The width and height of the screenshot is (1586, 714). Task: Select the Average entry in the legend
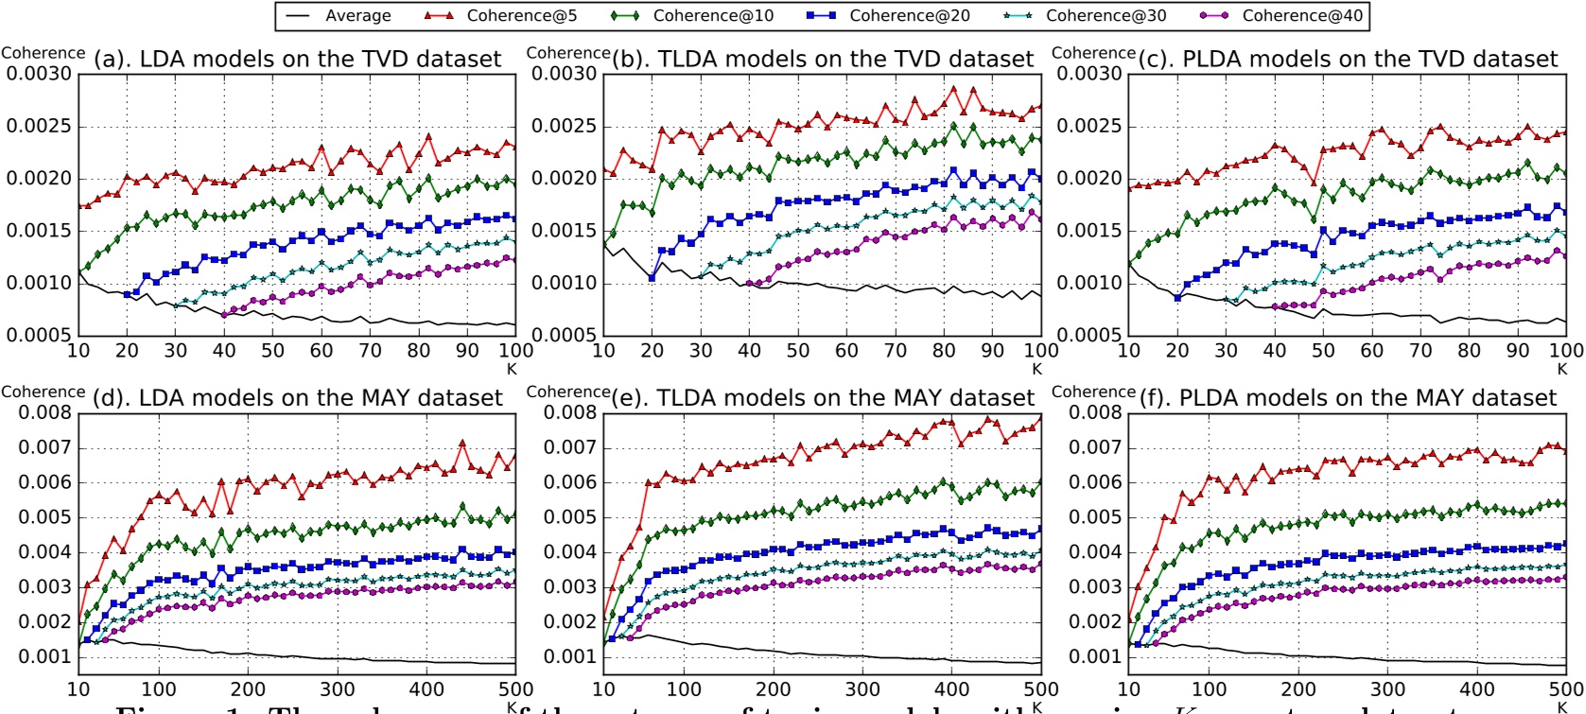357,16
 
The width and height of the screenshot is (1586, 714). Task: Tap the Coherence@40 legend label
1300,16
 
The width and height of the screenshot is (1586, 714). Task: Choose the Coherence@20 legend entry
907,16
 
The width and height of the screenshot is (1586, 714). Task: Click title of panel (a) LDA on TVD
298,59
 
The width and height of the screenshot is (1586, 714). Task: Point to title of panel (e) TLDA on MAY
823,398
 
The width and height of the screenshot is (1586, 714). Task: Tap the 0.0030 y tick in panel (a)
39,75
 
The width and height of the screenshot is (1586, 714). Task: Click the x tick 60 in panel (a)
322,351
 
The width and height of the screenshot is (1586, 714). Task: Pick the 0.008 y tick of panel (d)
44,412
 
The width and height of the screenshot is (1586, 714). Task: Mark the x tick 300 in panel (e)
863,689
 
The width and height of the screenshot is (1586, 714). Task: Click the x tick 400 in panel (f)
1477,689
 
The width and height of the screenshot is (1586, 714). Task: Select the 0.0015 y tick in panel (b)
564,231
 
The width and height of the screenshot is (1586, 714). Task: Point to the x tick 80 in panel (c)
1469,351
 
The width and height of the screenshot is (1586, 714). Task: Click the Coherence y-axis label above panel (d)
44,392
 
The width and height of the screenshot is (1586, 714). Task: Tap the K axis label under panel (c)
1562,369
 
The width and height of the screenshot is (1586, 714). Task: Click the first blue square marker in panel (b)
653,278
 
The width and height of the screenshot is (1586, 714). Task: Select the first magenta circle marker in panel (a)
224,314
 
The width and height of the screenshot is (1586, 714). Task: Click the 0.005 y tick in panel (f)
1094,517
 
